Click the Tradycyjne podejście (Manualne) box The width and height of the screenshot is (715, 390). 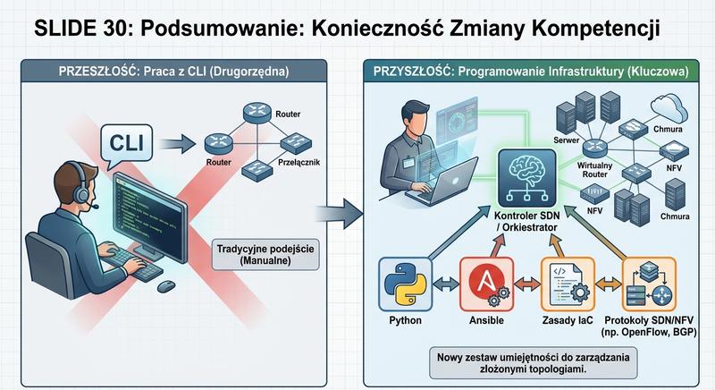coord(266,254)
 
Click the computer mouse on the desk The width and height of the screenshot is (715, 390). coord(165,286)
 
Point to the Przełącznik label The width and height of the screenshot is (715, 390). coord(300,164)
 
